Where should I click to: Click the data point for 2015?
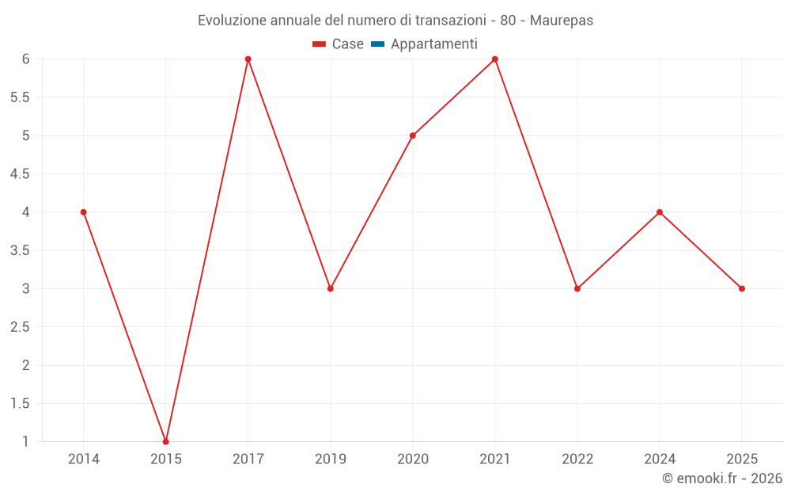point(165,441)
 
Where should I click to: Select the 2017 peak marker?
point(248,59)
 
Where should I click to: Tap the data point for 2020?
point(412,135)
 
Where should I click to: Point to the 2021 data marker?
point(495,59)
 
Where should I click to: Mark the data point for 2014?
point(83,212)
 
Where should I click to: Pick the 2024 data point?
point(660,212)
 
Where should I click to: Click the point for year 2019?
point(330,288)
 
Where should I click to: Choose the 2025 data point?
point(742,288)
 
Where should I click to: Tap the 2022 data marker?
point(577,288)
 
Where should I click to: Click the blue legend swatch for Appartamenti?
point(377,44)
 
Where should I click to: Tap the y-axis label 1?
point(25,442)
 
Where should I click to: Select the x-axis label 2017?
point(248,459)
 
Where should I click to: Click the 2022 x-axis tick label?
point(577,459)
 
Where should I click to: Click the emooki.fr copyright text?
point(722,478)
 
